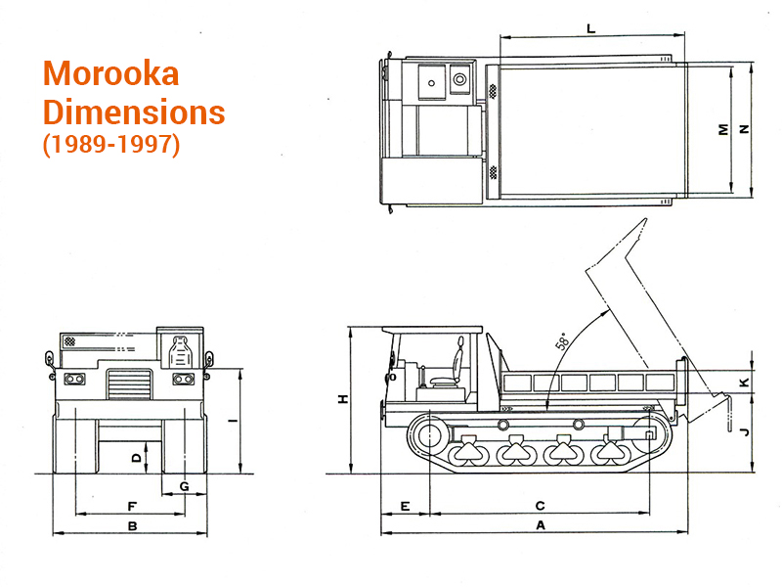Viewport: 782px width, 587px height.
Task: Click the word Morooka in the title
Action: [x=111, y=75]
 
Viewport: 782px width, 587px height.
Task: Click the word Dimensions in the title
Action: [x=134, y=112]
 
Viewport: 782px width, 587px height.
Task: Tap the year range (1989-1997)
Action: [x=110, y=145]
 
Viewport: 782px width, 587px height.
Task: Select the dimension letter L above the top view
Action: [x=591, y=29]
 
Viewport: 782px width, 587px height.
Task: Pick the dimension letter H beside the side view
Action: [x=342, y=399]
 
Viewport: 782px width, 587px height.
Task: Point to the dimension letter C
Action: [x=540, y=505]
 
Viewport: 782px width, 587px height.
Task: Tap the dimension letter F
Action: [x=131, y=505]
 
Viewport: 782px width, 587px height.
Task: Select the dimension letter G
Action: [x=184, y=486]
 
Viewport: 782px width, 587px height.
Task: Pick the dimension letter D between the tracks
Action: [x=137, y=456]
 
